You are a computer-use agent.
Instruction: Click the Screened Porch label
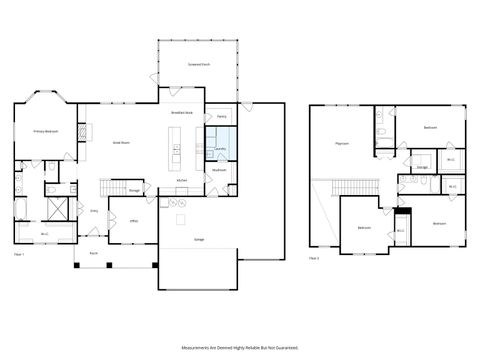(x=199, y=63)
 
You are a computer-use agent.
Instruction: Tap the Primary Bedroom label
(x=45, y=131)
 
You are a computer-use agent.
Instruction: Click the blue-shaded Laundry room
(x=220, y=147)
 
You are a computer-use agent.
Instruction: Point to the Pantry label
(x=220, y=117)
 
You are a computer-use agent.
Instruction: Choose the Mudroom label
(x=219, y=170)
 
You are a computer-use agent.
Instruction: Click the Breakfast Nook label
(x=181, y=115)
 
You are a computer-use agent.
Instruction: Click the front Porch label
(x=93, y=254)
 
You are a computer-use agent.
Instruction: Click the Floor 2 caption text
(x=314, y=258)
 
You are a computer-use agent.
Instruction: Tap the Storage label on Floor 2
(x=422, y=166)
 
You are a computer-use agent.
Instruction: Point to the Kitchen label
(x=181, y=180)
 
